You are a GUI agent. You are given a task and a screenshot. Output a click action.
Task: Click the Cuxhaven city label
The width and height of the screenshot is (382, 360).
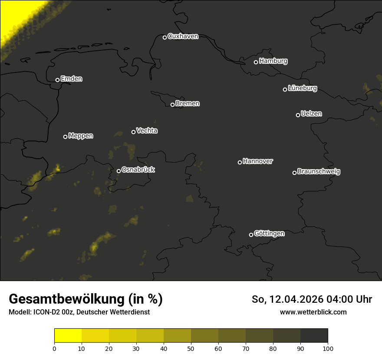point(183,36)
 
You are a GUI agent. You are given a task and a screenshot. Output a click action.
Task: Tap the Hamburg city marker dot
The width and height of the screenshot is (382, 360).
point(256,62)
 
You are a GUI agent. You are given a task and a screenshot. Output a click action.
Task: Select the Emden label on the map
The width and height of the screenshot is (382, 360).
point(71,79)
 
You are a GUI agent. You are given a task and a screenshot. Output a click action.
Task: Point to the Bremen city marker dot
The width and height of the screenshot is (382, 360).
point(172,105)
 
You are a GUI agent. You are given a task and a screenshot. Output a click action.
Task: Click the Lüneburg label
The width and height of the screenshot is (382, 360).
point(302,88)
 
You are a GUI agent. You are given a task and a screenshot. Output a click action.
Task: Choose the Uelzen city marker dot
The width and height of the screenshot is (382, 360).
point(298,115)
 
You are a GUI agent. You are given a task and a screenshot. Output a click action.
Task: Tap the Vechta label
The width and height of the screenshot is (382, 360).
point(147,131)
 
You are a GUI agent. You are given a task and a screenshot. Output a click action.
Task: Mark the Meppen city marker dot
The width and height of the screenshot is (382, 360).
point(66,137)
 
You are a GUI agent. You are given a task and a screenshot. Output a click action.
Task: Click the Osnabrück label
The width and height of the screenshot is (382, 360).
point(138,170)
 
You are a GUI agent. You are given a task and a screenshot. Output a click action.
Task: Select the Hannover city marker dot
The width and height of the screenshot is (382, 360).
point(240,162)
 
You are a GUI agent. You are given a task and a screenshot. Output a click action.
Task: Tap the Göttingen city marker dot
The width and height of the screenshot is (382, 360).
point(251,235)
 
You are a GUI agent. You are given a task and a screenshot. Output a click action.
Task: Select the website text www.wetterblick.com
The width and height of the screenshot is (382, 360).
point(313,312)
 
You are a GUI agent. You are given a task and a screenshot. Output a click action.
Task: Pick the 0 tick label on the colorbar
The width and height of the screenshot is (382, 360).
point(54,348)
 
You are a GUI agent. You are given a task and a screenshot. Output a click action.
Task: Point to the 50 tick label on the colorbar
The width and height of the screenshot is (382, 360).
point(191,348)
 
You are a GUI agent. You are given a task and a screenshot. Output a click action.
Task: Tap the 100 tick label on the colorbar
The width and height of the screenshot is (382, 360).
point(328,348)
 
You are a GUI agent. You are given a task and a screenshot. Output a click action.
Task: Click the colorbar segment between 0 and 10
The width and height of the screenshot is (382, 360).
point(68,335)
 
